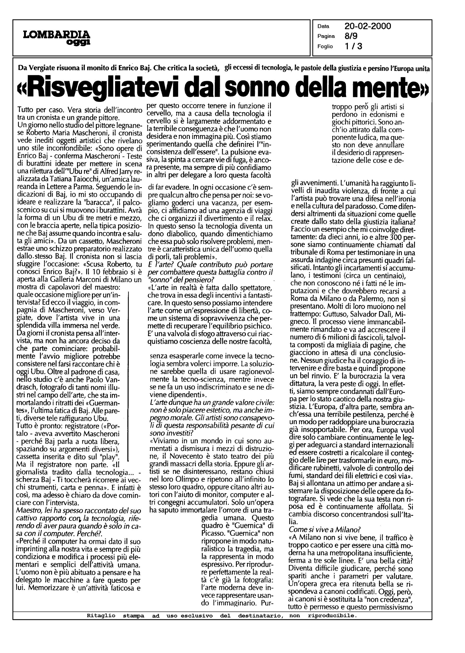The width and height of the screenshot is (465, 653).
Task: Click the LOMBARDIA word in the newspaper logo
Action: point(57,35)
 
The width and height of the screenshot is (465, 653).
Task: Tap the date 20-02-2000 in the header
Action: point(368,26)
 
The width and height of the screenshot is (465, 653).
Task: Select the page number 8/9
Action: point(351,36)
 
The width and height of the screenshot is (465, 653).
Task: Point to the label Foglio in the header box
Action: point(325,46)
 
